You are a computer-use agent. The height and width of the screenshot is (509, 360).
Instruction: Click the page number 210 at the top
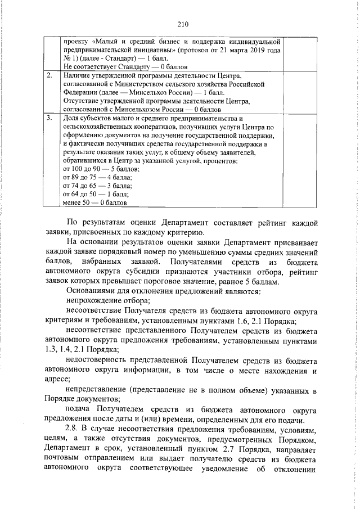click(181, 24)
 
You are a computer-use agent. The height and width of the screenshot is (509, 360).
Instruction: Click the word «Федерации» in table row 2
click(80, 92)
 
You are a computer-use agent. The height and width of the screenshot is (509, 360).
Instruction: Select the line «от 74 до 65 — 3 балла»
click(95, 185)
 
